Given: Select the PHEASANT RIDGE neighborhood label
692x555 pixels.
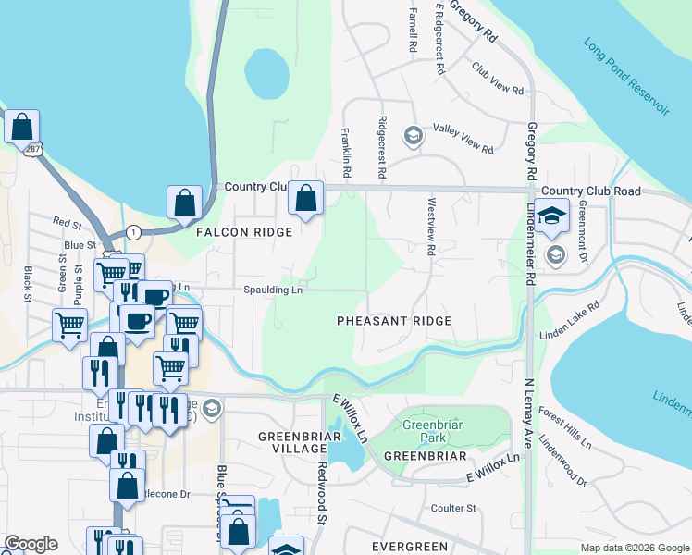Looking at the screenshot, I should pyautogui.click(x=393, y=321).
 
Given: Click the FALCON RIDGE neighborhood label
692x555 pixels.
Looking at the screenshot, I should pyautogui.click(x=244, y=233).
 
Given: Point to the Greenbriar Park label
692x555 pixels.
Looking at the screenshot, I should pyautogui.click(x=425, y=432).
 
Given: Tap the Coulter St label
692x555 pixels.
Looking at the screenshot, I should pyautogui.click(x=452, y=508).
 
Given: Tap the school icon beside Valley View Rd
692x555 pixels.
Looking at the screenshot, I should pyautogui.click(x=413, y=136).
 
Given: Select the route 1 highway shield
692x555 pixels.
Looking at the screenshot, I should pyautogui.click(x=134, y=230).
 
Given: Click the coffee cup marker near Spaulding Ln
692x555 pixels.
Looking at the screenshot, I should pyautogui.click(x=154, y=296).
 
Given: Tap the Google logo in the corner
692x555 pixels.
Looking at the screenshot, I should pyautogui.click(x=31, y=544).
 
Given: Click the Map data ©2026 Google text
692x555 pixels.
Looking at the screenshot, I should pyautogui.click(x=634, y=547).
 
